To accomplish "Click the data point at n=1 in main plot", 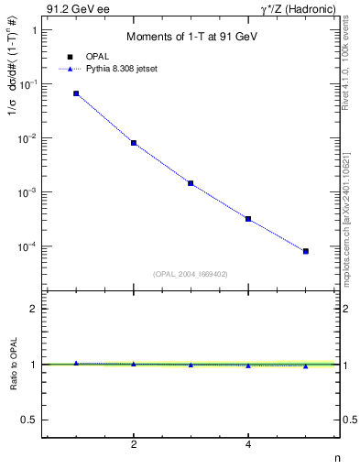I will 76,93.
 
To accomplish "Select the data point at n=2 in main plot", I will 134,143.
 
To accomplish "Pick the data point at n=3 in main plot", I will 191,183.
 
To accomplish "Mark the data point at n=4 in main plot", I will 248,219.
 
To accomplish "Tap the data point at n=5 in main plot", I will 306,251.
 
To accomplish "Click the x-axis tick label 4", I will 248,445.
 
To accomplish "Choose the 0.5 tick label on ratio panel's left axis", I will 29,420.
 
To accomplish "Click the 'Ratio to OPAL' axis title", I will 12,364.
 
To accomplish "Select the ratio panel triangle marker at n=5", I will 306,366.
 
